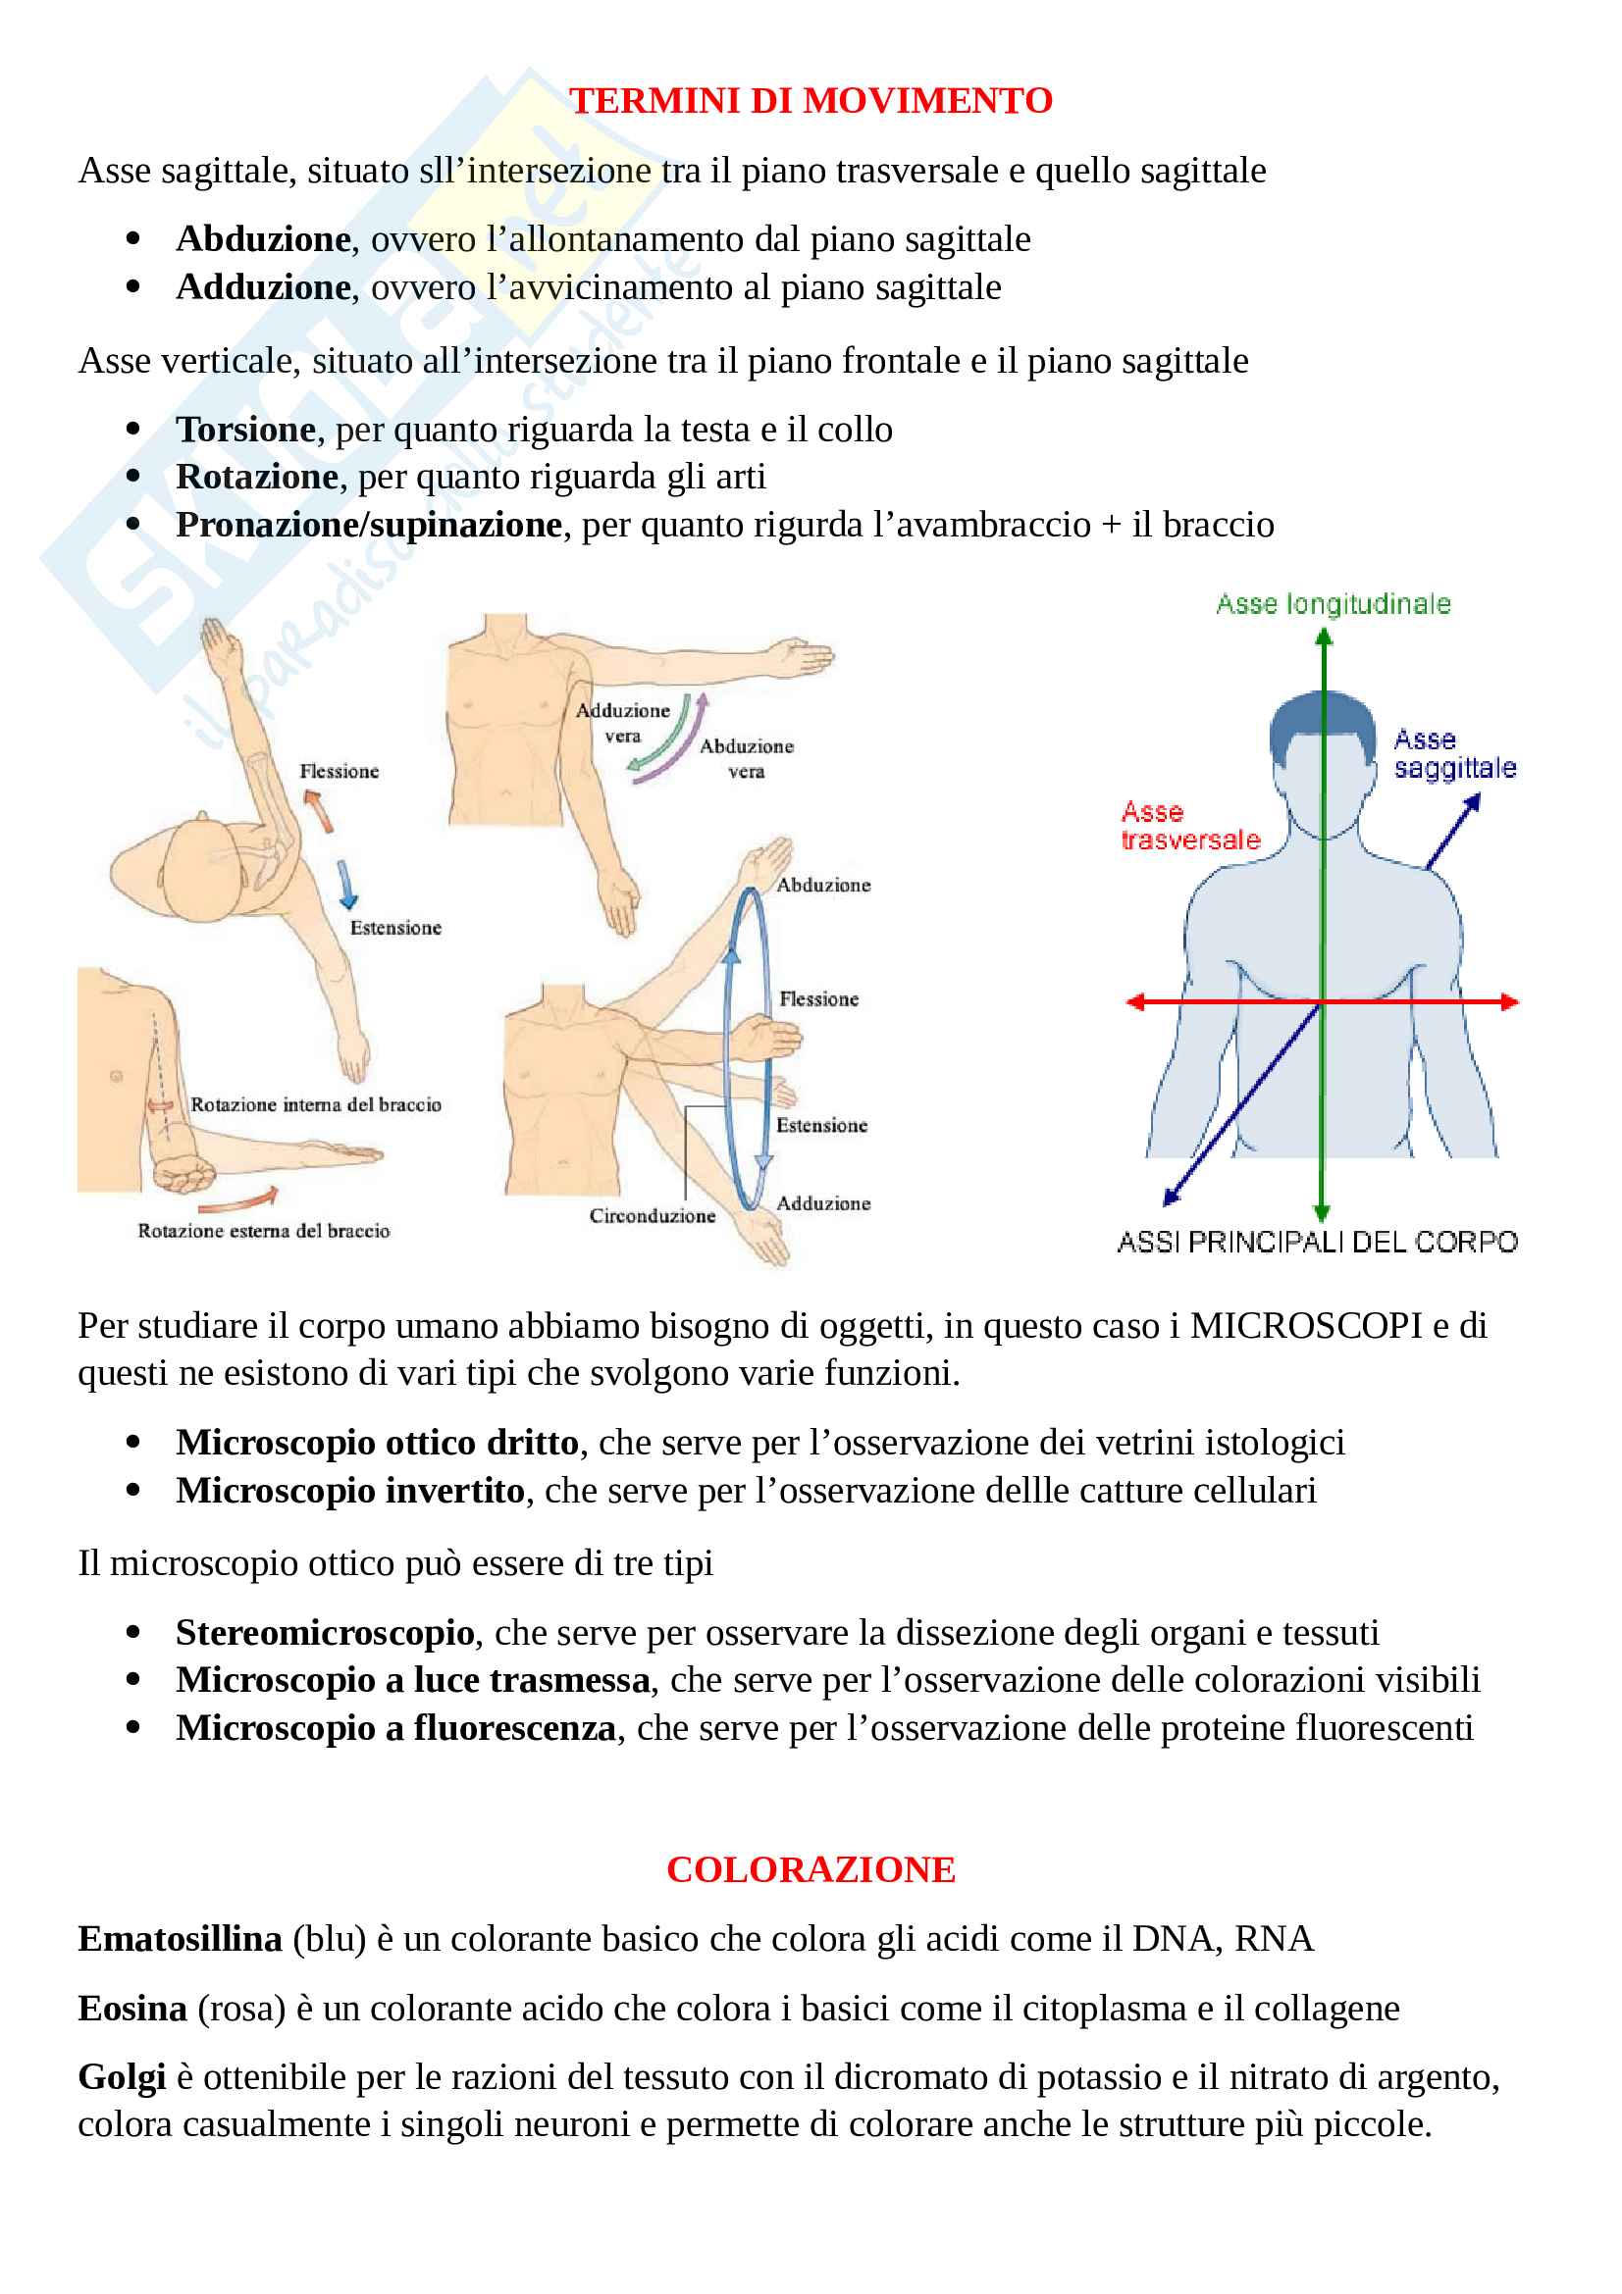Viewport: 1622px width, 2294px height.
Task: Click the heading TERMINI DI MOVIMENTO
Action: point(811,101)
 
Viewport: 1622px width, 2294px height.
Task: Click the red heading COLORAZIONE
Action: point(811,1869)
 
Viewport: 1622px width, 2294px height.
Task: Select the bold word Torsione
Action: point(246,430)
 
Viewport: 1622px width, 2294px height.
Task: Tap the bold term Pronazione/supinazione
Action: point(369,525)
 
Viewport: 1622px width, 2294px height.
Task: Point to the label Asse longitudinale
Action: point(1333,604)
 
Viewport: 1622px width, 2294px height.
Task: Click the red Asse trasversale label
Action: point(1189,825)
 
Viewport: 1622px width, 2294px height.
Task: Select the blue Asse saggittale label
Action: point(1454,754)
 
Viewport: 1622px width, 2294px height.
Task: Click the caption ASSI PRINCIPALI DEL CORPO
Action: point(1317,1242)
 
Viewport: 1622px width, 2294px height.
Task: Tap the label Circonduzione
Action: point(652,1216)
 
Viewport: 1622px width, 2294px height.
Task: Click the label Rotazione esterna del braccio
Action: point(264,1231)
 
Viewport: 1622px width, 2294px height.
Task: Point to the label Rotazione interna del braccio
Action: point(316,1104)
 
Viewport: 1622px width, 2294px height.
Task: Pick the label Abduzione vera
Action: point(747,758)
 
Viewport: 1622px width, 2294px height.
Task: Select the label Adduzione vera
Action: point(623,723)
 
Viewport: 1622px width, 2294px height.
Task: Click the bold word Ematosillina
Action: point(180,1939)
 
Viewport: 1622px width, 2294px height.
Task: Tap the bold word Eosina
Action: point(132,2009)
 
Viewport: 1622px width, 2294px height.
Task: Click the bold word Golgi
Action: point(122,2078)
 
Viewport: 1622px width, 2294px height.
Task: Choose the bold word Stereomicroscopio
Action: point(325,1633)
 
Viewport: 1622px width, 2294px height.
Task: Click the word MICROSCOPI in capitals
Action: point(1306,1326)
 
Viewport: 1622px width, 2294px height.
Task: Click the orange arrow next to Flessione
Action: point(319,809)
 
